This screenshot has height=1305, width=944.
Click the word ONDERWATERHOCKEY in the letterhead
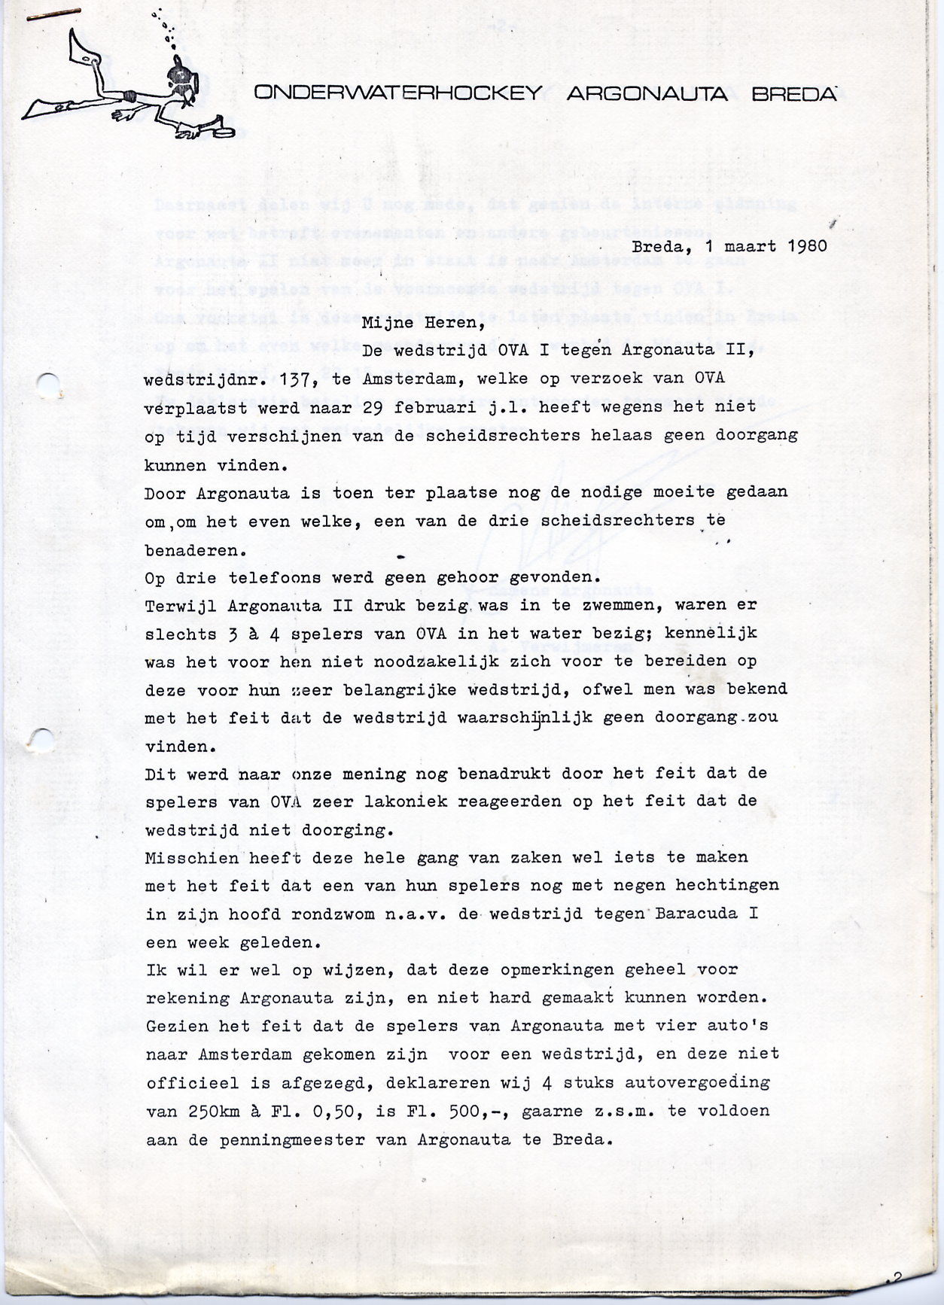398,93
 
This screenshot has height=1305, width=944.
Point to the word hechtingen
731,887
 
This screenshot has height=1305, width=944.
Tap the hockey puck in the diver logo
221,131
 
